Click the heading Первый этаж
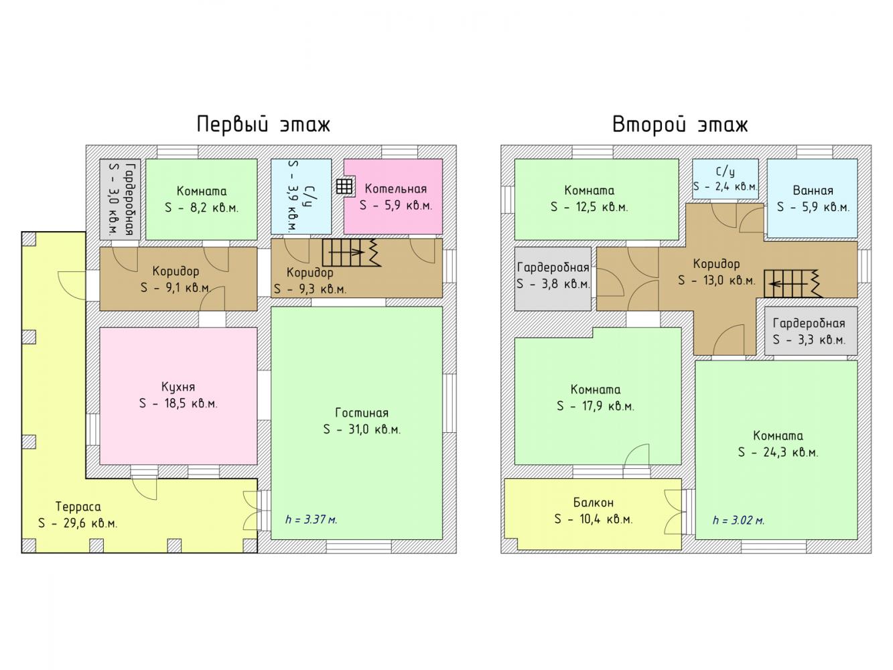tap(263, 125)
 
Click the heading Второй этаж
tap(680, 125)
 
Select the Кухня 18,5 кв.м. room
tap(179, 396)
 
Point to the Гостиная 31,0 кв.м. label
tap(362, 421)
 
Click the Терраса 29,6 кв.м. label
tap(78, 515)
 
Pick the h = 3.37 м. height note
tap(312, 519)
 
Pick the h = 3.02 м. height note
tap(738, 520)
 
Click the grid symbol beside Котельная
tap(344, 187)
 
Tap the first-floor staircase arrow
tap(346, 252)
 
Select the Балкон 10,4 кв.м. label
tap(594, 511)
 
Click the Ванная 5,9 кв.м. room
tap(813, 198)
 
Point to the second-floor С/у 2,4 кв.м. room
tap(726, 179)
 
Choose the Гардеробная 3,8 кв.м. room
tap(553, 279)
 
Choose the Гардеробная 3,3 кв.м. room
tap(811, 331)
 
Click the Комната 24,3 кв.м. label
tap(778, 444)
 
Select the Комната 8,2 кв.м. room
tap(202, 200)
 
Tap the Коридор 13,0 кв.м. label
tap(716, 272)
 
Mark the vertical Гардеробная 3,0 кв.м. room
tap(121, 200)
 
